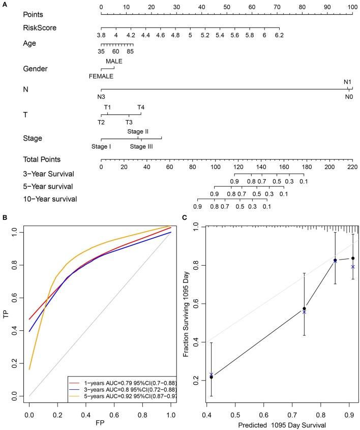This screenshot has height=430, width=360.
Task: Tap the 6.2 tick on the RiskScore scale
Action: (279, 35)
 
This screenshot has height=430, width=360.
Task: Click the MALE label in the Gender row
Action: (114, 61)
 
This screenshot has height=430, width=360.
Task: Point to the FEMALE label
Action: (101, 76)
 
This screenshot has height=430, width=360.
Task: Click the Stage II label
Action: (138, 131)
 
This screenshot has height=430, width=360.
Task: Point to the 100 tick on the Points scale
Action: (352, 7)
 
